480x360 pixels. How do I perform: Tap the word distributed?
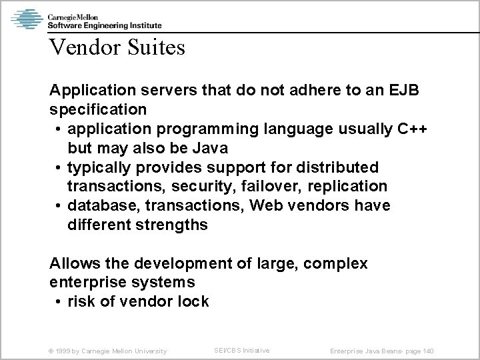[x=343, y=167]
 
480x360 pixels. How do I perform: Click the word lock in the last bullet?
[x=192, y=301]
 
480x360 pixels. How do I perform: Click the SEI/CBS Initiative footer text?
[x=241, y=350]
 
